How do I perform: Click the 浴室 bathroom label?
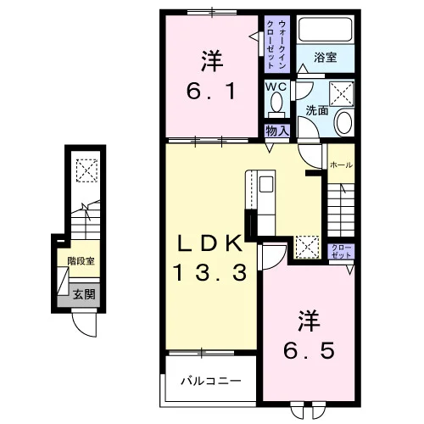click(x=325, y=58)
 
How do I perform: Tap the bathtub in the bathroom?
click(x=326, y=29)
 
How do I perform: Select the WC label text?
click(x=276, y=87)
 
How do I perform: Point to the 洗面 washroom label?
click(x=317, y=110)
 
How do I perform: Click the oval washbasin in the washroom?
click(x=344, y=122)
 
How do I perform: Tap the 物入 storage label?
click(x=277, y=131)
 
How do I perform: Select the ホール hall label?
click(x=341, y=165)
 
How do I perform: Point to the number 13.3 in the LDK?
click(x=210, y=272)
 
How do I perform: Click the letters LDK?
click(x=209, y=243)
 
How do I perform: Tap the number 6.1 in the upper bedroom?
click(x=210, y=92)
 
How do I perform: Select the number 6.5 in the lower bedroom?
click(x=309, y=350)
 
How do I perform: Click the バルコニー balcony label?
click(x=211, y=381)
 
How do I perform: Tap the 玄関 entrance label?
click(x=84, y=294)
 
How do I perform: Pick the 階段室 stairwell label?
click(x=81, y=261)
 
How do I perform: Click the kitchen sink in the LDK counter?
click(x=266, y=184)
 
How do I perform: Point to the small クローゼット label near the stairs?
click(x=341, y=251)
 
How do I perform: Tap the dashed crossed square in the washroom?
click(x=342, y=94)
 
